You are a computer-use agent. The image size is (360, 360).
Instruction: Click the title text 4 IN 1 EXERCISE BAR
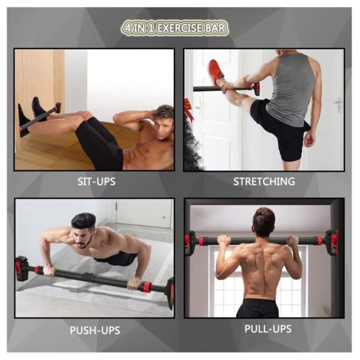(x=175, y=28)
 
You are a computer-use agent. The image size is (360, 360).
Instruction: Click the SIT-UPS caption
(x=97, y=182)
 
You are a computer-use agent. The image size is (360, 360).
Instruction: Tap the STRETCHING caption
(x=264, y=181)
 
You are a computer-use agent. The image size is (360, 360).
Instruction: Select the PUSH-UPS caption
(x=95, y=330)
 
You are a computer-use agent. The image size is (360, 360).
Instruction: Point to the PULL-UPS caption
(x=268, y=329)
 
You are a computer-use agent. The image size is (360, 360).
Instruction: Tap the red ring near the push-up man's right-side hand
(x=146, y=287)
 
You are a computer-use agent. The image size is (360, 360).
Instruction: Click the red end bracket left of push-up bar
(x=22, y=269)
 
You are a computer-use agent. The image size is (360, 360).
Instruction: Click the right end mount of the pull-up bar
(x=332, y=243)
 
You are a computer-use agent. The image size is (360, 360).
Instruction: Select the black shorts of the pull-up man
(x=257, y=308)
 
